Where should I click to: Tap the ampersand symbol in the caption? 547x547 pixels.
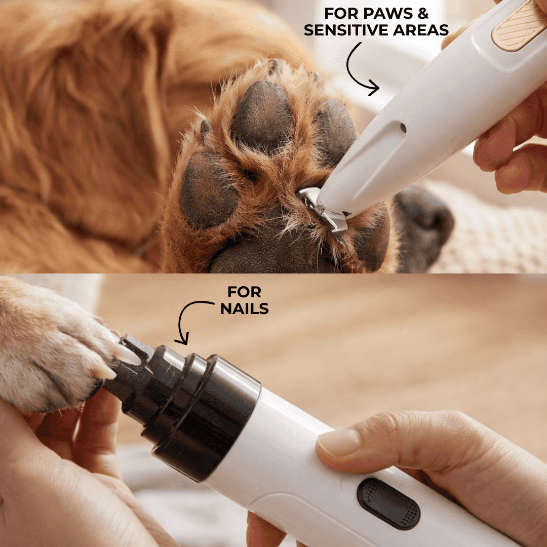pyautogui.click(x=423, y=13)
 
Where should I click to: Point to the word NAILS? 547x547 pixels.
pyautogui.click(x=244, y=308)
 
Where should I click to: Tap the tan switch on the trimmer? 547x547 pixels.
pyautogui.click(x=519, y=26)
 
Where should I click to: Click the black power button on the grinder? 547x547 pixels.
pyautogui.click(x=388, y=503)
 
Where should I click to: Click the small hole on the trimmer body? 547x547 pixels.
pyautogui.click(x=403, y=128)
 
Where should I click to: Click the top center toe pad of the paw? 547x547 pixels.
pyautogui.click(x=262, y=117)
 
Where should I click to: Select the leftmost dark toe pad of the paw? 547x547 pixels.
pyautogui.click(x=209, y=190)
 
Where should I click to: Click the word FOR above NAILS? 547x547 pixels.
pyautogui.click(x=244, y=292)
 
